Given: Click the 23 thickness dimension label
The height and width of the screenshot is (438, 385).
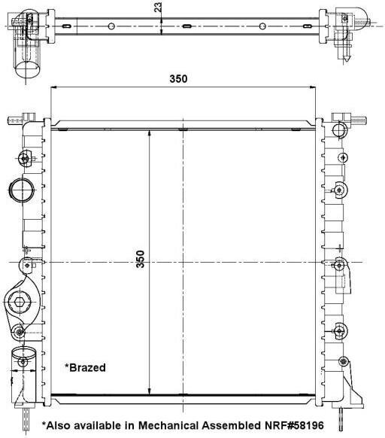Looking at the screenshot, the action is (x=158, y=8).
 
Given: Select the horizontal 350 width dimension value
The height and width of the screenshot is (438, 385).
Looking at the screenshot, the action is (x=178, y=79).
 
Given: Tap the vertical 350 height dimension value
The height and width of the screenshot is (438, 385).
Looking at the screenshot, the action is (x=140, y=259).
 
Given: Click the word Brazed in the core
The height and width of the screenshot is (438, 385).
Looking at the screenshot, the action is (x=87, y=367).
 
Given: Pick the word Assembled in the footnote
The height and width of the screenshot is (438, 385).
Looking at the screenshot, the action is (x=232, y=425).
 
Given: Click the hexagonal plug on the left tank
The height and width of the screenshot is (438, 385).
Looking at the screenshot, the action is (x=19, y=302).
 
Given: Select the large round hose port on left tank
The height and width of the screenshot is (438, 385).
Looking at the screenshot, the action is (x=22, y=190).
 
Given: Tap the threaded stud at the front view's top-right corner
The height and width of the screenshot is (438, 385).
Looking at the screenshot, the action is (x=358, y=120).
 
